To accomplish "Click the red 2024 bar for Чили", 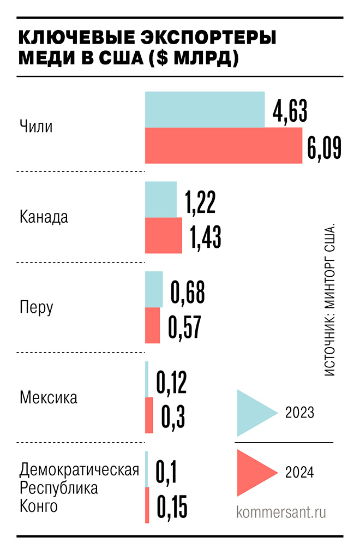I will pyautogui.click(x=224, y=145).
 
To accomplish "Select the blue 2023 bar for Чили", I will pyautogui.click(x=205, y=109).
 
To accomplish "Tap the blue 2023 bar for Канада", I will pyautogui.click(x=161, y=199).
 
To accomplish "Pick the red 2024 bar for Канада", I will pyautogui.click(x=164, y=235).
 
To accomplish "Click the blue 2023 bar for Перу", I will pyautogui.click(x=154, y=289).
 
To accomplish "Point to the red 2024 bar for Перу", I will pyautogui.click(x=153, y=325).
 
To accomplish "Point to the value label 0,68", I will pyautogui.click(x=188, y=292).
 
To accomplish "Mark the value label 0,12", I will pyautogui.click(x=171, y=383).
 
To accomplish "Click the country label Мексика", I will pyautogui.click(x=49, y=397).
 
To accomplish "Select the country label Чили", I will pyautogui.click(x=36, y=127).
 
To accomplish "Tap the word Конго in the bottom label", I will pyautogui.click(x=38, y=506).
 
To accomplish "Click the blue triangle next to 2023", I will pyautogui.click(x=254, y=412).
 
